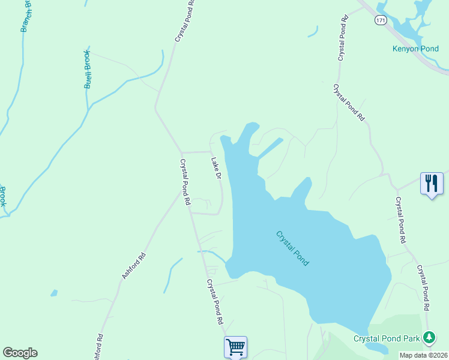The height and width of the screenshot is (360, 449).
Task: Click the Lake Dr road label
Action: point(216,169)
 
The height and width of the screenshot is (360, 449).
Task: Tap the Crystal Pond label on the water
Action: point(292,248)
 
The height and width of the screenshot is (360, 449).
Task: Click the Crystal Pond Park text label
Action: point(387,338)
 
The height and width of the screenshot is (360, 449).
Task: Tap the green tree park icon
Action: point(429,338)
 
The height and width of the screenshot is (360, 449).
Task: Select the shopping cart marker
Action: point(235,346)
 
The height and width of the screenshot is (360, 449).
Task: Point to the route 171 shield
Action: point(381,20)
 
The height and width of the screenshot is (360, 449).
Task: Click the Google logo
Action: point(20,353)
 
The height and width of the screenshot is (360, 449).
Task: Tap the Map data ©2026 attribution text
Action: point(423,355)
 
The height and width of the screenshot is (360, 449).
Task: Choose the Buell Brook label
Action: point(88,70)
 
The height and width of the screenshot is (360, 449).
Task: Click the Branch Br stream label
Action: point(26,16)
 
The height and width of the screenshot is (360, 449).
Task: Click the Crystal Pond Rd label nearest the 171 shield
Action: point(343,39)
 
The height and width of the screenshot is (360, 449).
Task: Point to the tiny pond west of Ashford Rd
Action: point(54,293)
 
